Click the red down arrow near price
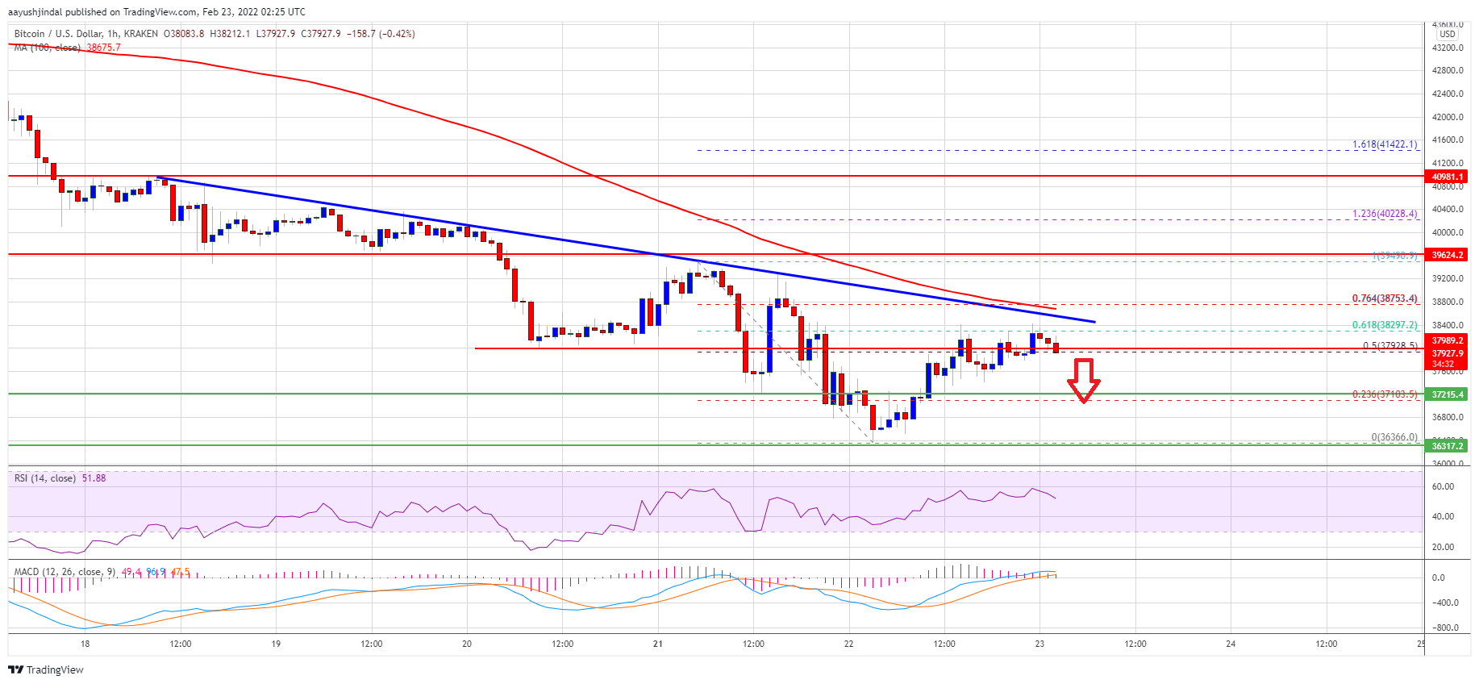coord(1083,380)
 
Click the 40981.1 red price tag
coord(1447,177)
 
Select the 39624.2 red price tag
coord(1447,255)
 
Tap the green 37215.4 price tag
coord(1447,394)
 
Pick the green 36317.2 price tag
coord(1447,445)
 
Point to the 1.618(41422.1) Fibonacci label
coord(1384,145)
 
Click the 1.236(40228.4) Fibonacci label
coord(1384,215)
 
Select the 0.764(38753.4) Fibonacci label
coord(1384,298)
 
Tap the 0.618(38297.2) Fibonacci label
coord(1384,325)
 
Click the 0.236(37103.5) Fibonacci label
coord(1384,394)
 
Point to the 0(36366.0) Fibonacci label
coord(1394,437)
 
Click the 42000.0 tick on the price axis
coord(1447,117)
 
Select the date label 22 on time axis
coord(848,644)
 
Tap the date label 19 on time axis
coord(276,644)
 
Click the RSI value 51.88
coord(94,478)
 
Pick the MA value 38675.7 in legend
coord(103,48)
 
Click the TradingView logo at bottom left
coord(46,669)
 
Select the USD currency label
coord(1448,34)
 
